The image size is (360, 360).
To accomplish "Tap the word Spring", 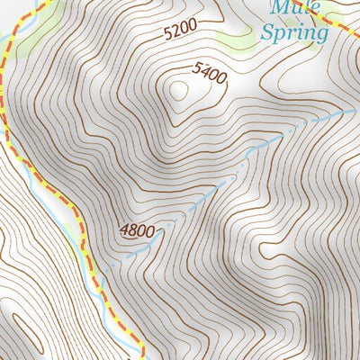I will tap(292, 34).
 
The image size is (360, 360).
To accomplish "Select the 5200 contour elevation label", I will tap(179, 31).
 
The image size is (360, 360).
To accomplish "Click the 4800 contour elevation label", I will tap(137, 230).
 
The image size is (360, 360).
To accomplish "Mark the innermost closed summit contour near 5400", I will tap(178, 89).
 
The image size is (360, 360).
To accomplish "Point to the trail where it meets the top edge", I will tap(37, 3).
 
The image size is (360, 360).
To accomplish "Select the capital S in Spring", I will tap(265, 34).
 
